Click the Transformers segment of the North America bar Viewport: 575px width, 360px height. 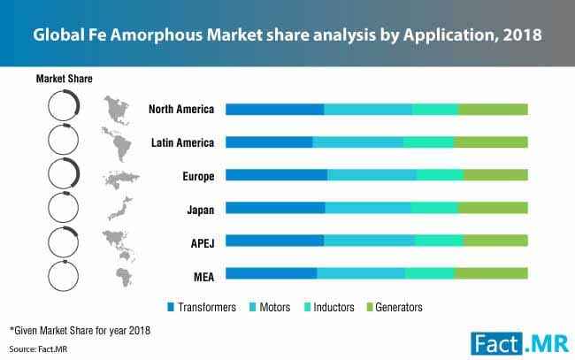tap(274, 110)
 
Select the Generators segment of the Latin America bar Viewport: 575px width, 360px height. tap(490, 142)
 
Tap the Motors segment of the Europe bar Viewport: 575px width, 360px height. tap(372, 175)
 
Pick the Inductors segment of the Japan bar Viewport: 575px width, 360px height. tap(434, 208)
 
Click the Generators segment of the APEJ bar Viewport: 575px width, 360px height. tap(495, 241)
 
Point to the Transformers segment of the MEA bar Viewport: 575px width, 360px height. tap(271, 273)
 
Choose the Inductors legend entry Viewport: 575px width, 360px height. tap(328, 308)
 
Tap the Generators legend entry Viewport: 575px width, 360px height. tap(392, 308)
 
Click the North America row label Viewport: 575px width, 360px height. tap(180, 110)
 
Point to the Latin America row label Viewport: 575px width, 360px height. tap(181, 142)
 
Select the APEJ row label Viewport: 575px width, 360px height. tap(199, 241)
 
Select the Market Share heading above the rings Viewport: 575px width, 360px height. tap(64, 79)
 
